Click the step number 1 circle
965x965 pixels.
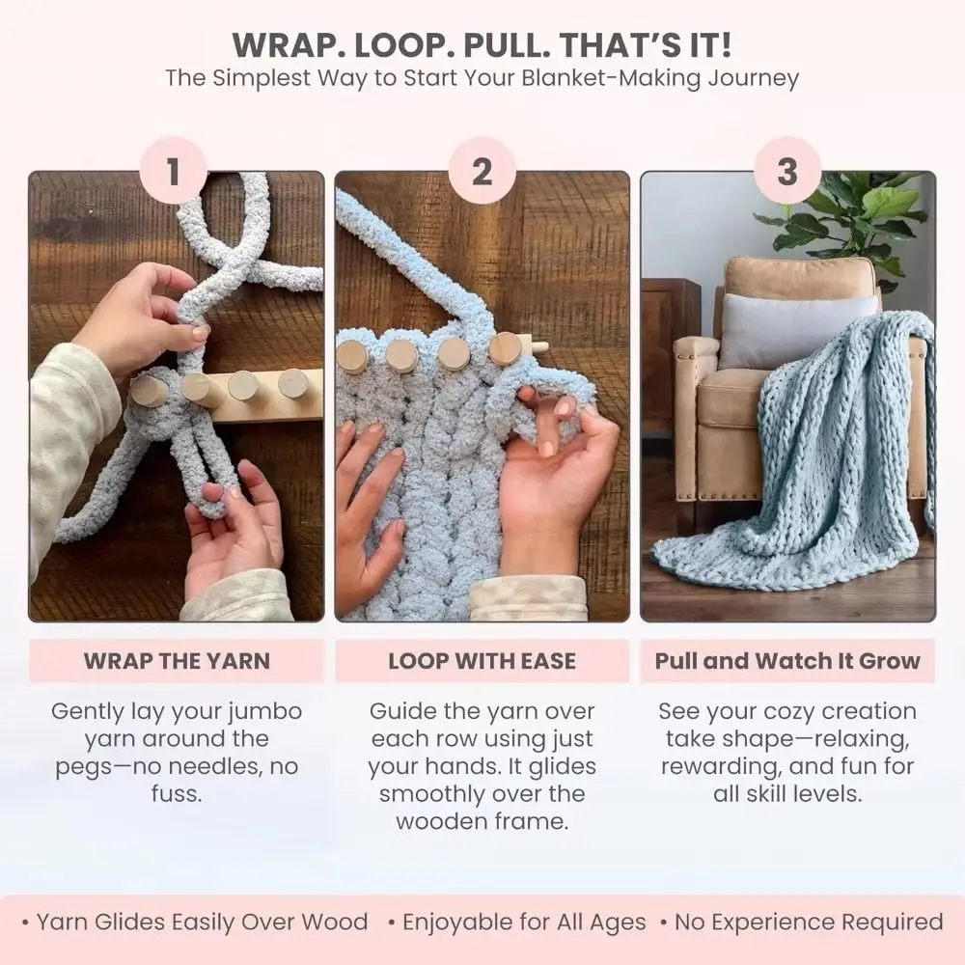click(x=173, y=172)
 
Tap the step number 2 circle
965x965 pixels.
click(x=482, y=172)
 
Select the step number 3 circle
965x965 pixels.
click(x=787, y=172)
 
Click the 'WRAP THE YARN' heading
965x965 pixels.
click(x=177, y=661)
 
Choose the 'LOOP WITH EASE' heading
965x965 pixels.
click(x=482, y=661)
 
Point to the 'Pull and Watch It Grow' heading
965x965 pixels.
click(x=787, y=661)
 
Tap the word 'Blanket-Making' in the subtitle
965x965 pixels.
click(x=620, y=78)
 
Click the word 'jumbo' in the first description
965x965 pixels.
click(x=263, y=712)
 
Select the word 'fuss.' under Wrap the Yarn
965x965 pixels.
click(x=177, y=795)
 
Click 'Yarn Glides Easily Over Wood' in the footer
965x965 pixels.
click(x=202, y=923)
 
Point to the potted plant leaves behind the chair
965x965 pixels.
click(x=849, y=217)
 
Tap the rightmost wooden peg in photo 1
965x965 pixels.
click(x=292, y=383)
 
